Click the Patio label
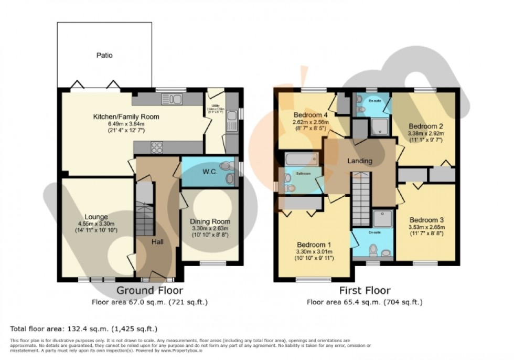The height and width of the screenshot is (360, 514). point(104,55)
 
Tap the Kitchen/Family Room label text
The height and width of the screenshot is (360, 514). point(126,117)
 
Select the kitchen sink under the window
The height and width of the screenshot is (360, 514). point(172,98)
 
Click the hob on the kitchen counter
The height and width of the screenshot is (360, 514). point(157,148)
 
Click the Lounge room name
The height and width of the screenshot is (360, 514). point(96,217)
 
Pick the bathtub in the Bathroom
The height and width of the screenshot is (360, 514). point(301,158)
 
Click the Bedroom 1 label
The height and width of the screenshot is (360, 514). point(314,245)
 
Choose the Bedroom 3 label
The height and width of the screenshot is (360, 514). point(426,220)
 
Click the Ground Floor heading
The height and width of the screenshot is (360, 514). point(149,290)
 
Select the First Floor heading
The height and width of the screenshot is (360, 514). point(365,290)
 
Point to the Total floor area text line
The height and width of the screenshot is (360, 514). point(84,329)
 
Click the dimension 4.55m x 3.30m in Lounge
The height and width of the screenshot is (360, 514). point(96,223)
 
